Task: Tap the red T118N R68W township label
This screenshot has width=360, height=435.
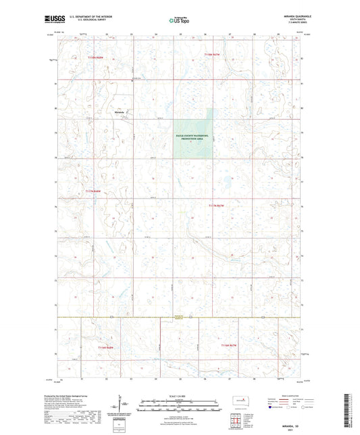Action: coord(98,58)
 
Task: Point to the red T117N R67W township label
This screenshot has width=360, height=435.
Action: coord(215,205)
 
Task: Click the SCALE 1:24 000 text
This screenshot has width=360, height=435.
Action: coord(180,396)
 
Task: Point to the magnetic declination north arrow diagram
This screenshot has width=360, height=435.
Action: coord(122,405)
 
